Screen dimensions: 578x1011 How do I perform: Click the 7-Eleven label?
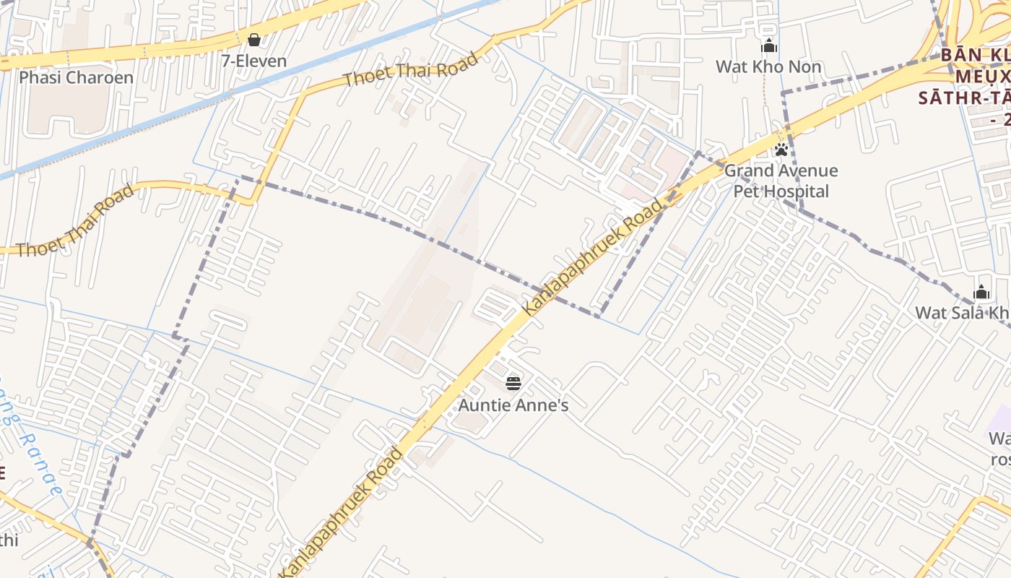tap(254, 61)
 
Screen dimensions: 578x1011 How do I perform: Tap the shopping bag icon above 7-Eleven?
tap(254, 39)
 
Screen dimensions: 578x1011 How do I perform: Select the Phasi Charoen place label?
tap(76, 77)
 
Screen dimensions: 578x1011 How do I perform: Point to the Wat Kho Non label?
tap(768, 67)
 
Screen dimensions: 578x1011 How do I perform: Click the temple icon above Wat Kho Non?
tap(769, 46)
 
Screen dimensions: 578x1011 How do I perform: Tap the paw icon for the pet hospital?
tap(781, 150)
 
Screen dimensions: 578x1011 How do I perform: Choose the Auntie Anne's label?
tap(513, 405)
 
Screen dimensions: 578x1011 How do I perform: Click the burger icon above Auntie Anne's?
tap(513, 383)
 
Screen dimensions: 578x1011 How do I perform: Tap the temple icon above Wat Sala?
tap(981, 293)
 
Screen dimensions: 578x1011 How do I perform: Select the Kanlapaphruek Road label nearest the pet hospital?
tap(591, 258)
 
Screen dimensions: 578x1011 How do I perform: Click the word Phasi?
tap(40, 77)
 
